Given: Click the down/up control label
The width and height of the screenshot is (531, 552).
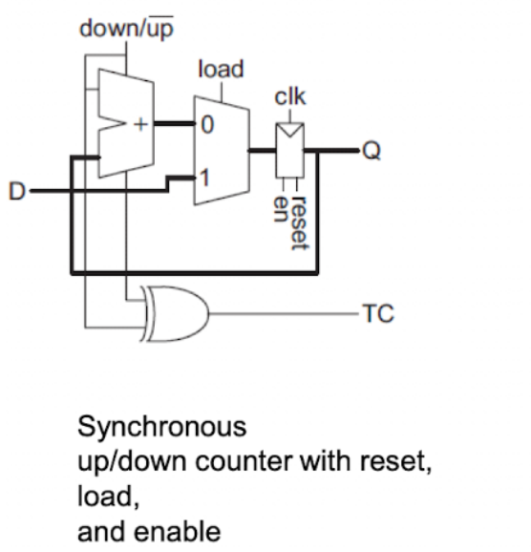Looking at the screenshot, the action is (126, 28).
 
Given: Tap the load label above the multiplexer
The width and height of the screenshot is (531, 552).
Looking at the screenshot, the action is (221, 69).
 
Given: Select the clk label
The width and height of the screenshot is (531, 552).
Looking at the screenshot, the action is (290, 96).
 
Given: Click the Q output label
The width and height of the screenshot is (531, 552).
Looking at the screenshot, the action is (372, 152).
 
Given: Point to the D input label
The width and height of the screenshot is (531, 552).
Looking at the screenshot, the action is (17, 191).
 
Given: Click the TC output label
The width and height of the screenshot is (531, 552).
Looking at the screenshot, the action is (378, 313).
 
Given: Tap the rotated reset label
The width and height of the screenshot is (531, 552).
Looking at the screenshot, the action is (299, 223).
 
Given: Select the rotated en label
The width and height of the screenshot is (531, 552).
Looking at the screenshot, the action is (281, 209).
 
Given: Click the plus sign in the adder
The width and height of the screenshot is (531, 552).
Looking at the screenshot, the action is (140, 124).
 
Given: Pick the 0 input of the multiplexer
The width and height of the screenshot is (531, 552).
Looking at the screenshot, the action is (207, 124).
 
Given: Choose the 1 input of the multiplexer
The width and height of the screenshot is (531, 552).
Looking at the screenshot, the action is (205, 178).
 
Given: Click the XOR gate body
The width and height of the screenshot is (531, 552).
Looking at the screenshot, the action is (175, 313).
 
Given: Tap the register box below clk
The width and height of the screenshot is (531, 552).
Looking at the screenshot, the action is (289, 150).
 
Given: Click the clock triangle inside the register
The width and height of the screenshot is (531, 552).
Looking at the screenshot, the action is (289, 130).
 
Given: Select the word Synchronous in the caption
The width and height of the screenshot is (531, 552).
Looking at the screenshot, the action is (162, 428).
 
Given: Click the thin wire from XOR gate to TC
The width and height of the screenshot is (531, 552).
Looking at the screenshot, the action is (286, 313).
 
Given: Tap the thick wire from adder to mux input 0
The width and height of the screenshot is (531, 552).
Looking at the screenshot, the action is (175, 123).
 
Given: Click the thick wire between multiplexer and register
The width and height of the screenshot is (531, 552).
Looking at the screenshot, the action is (263, 151).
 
